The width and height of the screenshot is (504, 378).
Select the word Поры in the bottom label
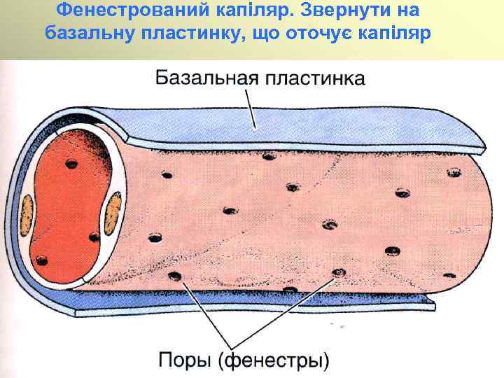click(187, 360)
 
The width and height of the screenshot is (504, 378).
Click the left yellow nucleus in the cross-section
click(28, 213)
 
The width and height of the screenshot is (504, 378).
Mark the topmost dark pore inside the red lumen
click(72, 164)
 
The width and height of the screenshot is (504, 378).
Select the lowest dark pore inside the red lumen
click(42, 260)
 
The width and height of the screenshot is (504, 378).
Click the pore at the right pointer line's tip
click(339, 272)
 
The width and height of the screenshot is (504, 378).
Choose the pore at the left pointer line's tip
click(175, 276)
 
